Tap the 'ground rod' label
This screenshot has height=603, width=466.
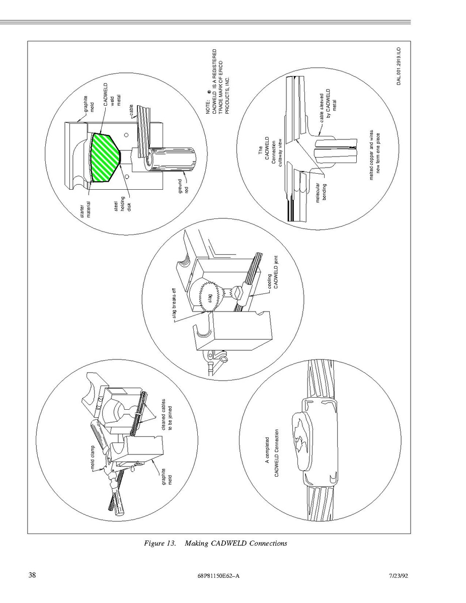click(183, 187)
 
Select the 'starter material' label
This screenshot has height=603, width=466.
click(86, 210)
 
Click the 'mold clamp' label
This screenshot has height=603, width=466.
click(93, 458)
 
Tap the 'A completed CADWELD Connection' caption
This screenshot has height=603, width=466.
click(271, 453)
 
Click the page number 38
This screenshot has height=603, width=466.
click(32, 575)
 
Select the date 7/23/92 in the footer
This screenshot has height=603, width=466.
click(399, 575)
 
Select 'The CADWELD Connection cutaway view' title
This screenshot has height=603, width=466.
click(270, 151)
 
